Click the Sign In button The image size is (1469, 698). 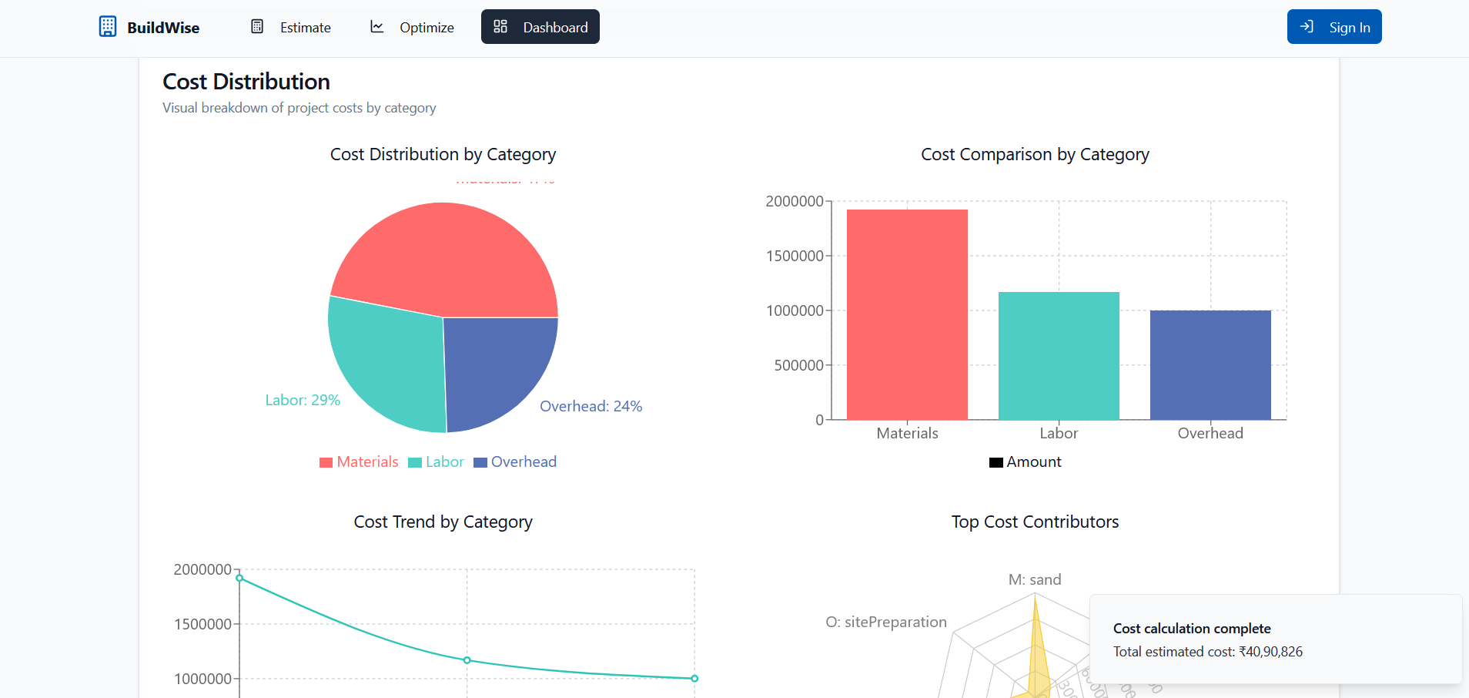pos(1333,27)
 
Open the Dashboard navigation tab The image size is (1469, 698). pos(540,27)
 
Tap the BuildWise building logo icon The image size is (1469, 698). pos(108,27)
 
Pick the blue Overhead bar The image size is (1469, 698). pos(1210,365)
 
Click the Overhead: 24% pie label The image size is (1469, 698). pos(591,406)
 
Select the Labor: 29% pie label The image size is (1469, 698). pos(303,400)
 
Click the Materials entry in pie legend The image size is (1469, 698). pos(360,461)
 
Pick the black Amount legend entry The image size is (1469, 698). pos(1026,461)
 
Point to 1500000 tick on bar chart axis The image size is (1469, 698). pos(795,256)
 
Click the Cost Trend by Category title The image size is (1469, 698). pos(443,522)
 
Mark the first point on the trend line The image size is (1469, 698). pos(239,578)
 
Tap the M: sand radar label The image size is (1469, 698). pos(1035,579)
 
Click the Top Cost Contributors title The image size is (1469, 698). pos(1035,522)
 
